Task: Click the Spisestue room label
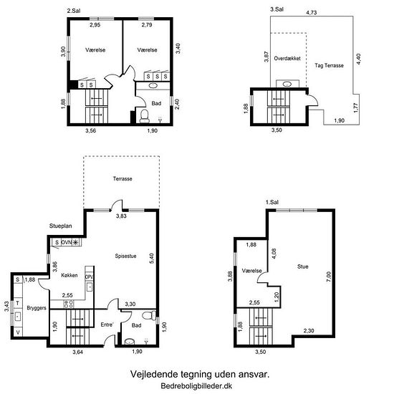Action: click(125, 256)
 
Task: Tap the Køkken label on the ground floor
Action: click(69, 275)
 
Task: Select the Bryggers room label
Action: click(37, 308)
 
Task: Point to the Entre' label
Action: click(107, 325)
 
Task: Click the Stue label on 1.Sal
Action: click(302, 266)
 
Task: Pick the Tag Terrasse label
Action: click(330, 66)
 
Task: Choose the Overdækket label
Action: click(287, 58)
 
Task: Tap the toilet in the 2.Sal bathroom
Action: click(145, 116)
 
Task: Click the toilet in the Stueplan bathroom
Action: click(149, 316)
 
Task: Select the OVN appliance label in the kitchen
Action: click(67, 242)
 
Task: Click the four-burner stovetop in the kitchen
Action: click(69, 304)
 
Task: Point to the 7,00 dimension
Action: click(329, 277)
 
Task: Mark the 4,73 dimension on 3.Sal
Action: click(311, 13)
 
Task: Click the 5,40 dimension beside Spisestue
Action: click(152, 259)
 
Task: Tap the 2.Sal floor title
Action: click(74, 11)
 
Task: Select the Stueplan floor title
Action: click(61, 226)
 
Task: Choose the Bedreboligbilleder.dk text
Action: click(196, 385)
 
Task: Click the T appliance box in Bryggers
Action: click(18, 303)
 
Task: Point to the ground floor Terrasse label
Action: click(122, 179)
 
